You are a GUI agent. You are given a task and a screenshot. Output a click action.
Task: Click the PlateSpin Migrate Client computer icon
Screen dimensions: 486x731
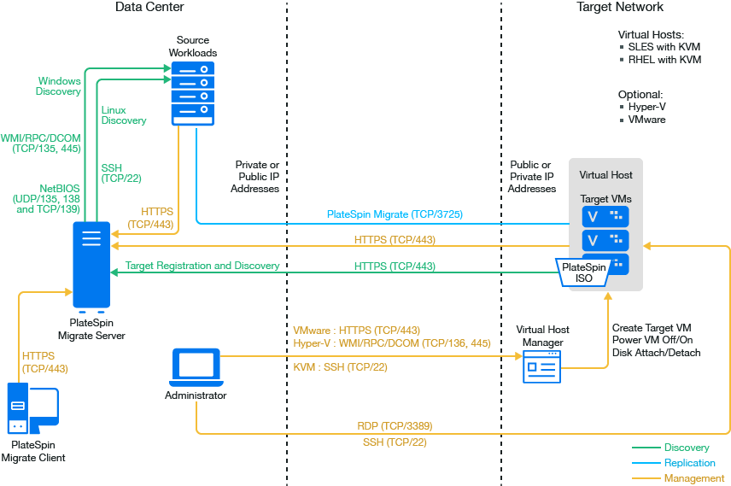pos(32,411)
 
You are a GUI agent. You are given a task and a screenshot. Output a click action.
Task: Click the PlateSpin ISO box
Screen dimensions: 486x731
pos(583,272)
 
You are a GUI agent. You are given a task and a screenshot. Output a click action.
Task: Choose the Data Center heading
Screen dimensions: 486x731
pos(149,7)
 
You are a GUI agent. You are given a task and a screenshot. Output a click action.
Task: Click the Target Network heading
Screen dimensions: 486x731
pos(620,7)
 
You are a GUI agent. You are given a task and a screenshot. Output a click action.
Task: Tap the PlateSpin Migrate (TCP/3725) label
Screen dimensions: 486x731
pos(395,214)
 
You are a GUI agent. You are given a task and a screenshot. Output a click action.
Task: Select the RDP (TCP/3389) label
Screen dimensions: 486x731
pos(394,425)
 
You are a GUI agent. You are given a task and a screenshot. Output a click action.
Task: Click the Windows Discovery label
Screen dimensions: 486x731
pos(59,86)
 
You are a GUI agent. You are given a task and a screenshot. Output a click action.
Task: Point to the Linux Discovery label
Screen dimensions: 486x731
pos(124,115)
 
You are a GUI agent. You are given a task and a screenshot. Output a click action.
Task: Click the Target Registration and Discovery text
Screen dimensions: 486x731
pos(202,266)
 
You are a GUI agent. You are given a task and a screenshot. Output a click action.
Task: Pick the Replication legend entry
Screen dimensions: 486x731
pos(689,463)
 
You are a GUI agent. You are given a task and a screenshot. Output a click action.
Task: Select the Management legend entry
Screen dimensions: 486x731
pos(694,478)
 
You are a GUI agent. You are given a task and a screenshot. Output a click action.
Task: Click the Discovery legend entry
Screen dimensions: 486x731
pos(687,448)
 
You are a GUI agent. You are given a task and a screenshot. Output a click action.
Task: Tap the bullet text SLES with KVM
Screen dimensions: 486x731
pos(664,47)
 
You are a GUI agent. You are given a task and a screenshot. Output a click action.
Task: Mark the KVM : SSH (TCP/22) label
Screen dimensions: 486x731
pos(340,367)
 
